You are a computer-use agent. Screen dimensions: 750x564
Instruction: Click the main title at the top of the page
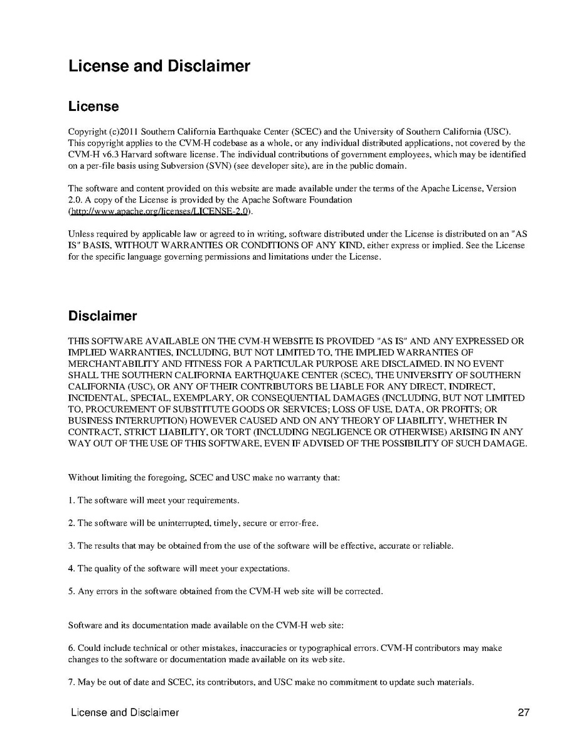(159, 66)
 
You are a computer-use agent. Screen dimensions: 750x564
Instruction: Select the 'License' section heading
(93, 107)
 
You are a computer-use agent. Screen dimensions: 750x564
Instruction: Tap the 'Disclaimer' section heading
(102, 316)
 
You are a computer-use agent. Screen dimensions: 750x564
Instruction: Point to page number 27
(524, 712)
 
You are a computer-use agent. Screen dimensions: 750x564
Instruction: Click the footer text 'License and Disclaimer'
(125, 712)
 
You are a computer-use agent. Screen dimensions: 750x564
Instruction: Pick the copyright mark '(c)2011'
(124, 132)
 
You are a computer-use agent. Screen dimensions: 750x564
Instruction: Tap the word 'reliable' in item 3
(438, 546)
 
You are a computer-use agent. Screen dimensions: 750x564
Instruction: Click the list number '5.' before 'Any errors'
(72, 591)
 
